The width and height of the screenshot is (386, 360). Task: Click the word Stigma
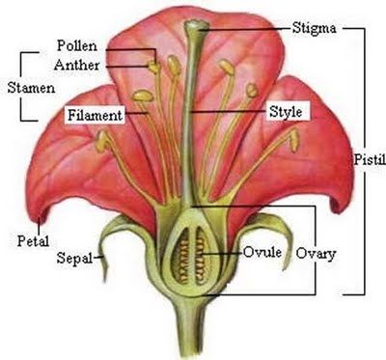[314, 28]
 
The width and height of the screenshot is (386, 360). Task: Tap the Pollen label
[77, 45]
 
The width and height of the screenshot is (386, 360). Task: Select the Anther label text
[76, 65]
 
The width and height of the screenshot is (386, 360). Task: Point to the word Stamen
[31, 88]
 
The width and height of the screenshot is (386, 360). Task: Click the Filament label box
[95, 115]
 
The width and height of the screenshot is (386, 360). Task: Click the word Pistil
[370, 159]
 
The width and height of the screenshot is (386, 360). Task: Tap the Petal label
[33, 241]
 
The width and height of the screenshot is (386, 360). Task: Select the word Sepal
[74, 258]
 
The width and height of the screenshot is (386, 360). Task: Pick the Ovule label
[262, 252]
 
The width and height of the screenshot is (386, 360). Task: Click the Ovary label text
[316, 254]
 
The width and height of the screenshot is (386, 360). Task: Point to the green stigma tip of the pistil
[197, 25]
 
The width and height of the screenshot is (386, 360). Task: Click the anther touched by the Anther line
[154, 67]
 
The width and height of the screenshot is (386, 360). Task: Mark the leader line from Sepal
[98, 257]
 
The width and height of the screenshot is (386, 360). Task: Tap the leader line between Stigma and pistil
[245, 29]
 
